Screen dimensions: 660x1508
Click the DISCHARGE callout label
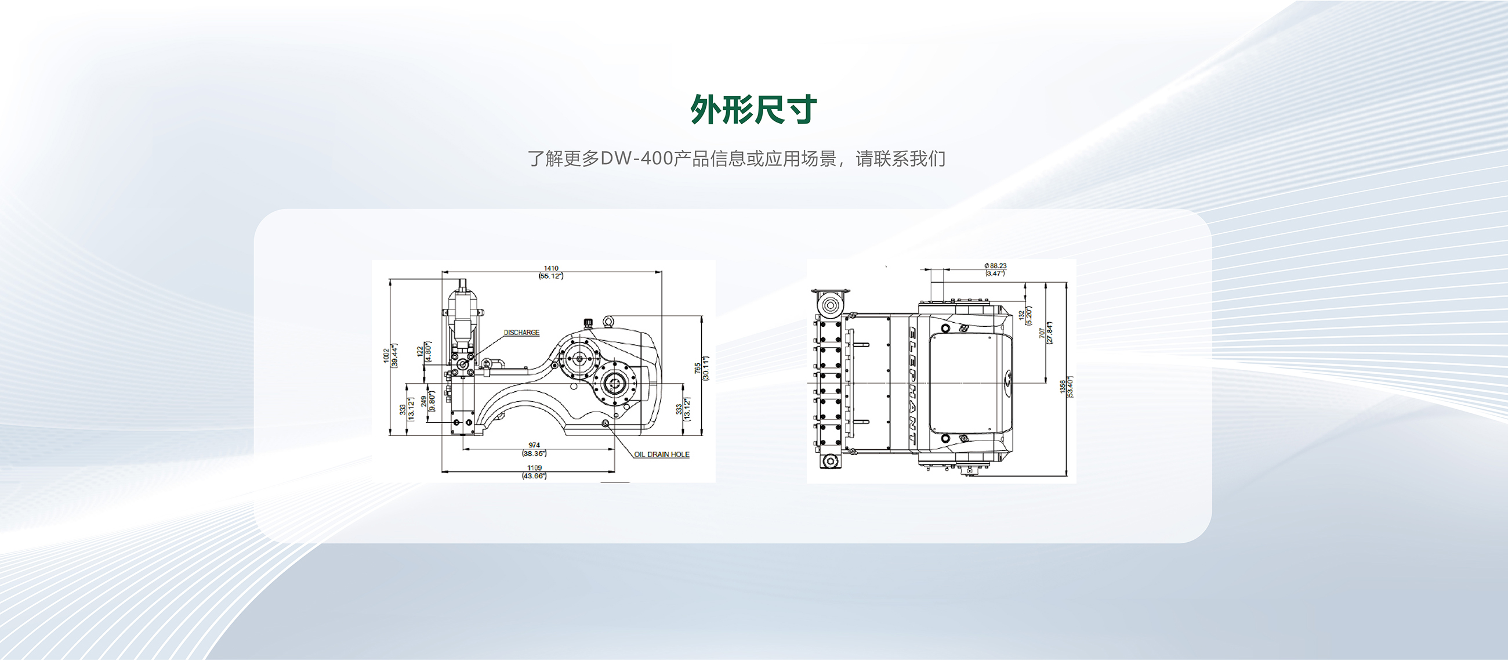coord(521,333)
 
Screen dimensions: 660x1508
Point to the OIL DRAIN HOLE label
coord(662,455)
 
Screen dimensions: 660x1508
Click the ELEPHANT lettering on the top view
coord(913,384)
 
